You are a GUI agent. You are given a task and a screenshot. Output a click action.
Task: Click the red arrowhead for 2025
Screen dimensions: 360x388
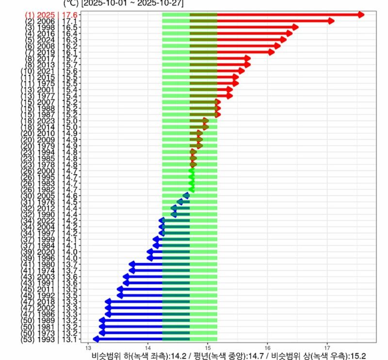360,15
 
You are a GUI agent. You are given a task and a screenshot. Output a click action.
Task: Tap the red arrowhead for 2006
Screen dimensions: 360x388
331,21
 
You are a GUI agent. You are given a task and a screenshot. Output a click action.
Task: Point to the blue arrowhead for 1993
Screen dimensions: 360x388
96,339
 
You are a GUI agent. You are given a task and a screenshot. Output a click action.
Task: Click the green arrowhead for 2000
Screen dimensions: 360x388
192,171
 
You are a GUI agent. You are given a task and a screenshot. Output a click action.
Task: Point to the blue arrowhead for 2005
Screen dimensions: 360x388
186,196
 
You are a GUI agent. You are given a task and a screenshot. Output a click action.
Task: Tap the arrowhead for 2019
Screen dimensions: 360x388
272,52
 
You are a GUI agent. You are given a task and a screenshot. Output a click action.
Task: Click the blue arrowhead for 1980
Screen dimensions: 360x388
132,264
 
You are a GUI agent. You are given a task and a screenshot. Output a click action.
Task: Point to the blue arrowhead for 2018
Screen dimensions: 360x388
108,302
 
